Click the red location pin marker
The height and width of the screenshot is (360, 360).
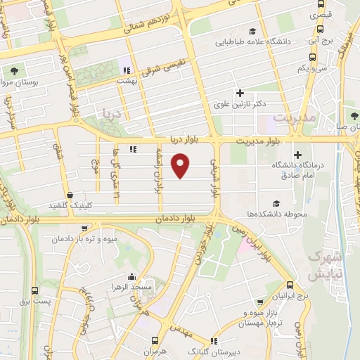click(x=182, y=166)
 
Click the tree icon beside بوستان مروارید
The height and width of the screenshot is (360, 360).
click(x=15, y=71)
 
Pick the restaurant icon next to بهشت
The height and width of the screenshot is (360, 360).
click(x=127, y=70)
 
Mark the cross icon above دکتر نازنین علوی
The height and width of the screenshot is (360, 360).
click(x=240, y=93)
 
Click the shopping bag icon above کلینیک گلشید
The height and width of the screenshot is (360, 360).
click(x=70, y=195)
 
